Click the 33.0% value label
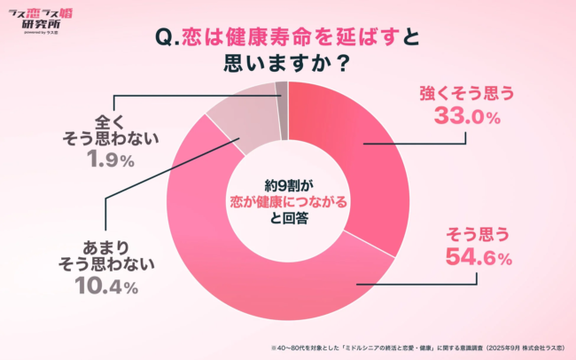468,116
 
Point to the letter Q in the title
163,39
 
